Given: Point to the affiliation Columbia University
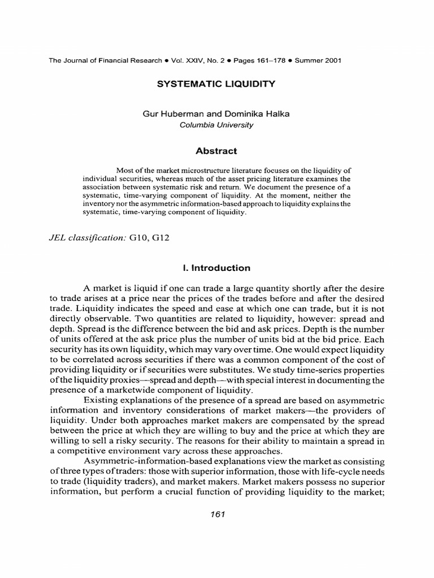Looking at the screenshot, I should click(216, 125).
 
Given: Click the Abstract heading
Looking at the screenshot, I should click(216, 151).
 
